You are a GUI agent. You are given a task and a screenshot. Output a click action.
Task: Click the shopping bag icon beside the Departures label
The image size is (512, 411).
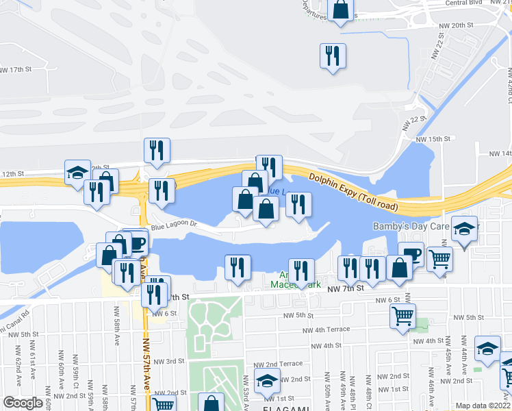coord(340,11)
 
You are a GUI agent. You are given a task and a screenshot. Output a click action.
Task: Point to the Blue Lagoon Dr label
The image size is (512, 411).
coord(174,225)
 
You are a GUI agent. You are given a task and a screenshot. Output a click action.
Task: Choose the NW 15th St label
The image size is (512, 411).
coord(434,138)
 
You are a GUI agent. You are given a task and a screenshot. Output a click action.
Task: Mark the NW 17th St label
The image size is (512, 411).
coord(16,70)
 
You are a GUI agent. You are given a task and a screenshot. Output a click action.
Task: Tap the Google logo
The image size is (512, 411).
coord(23,403)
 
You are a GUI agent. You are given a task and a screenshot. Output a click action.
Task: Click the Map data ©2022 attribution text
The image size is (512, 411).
coord(483,406)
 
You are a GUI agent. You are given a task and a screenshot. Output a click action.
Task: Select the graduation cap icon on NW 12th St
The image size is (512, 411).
coord(77,172)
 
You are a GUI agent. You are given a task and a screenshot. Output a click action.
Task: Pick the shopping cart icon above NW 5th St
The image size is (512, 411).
coord(402,316)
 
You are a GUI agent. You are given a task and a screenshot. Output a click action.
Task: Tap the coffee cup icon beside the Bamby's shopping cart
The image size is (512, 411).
coord(411,254)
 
